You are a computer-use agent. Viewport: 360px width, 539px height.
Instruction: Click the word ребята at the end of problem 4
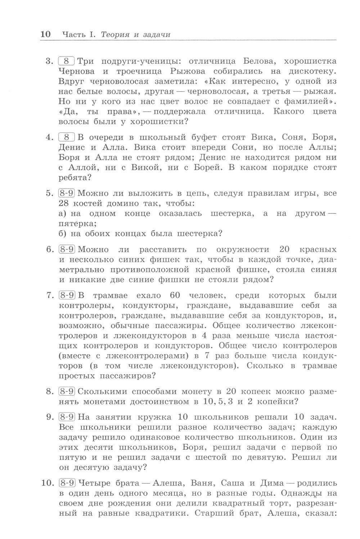point(73,178)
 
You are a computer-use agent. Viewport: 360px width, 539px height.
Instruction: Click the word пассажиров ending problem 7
point(123,376)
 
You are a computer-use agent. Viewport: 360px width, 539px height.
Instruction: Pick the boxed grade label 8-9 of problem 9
point(66,417)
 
